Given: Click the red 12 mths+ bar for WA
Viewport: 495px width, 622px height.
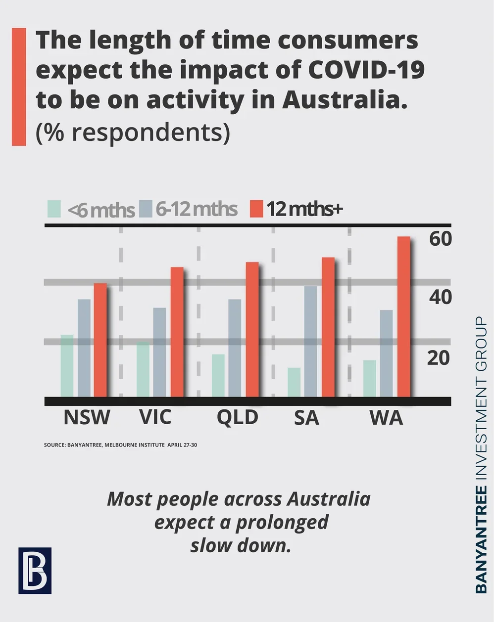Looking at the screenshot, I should pyautogui.click(x=404, y=316).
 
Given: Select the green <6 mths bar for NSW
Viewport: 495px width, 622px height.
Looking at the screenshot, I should pyautogui.click(x=67, y=365).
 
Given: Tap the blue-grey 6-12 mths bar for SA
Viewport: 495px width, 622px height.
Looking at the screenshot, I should pyautogui.click(x=310, y=341).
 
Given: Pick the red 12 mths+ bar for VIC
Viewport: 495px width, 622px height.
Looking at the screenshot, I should pyautogui.click(x=177, y=332).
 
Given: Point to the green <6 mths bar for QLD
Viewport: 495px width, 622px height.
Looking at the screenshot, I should pyautogui.click(x=218, y=375).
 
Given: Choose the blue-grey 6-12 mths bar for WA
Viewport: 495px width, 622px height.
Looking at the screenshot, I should pyautogui.click(x=386, y=353).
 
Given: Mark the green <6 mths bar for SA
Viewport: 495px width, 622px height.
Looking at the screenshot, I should pyautogui.click(x=294, y=382).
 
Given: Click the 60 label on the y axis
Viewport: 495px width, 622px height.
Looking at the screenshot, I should pyautogui.click(x=440, y=239).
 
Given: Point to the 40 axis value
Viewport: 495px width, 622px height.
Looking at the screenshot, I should pyautogui.click(x=440, y=297).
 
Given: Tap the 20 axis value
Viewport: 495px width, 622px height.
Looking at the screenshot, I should pyautogui.click(x=439, y=357).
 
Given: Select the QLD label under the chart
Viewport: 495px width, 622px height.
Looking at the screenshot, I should pyautogui.click(x=238, y=417).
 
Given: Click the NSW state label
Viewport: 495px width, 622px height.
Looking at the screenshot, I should pyautogui.click(x=87, y=417).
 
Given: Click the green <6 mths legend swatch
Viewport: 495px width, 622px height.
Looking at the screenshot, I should pyautogui.click(x=54, y=209).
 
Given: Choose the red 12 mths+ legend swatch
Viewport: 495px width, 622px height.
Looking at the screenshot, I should pyautogui.click(x=256, y=209).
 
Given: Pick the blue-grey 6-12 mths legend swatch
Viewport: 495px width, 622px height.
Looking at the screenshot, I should pyautogui.click(x=146, y=209).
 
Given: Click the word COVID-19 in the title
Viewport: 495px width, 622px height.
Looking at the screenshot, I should pyautogui.click(x=366, y=70).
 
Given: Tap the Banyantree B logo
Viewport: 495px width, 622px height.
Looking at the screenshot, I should pyautogui.click(x=35, y=570).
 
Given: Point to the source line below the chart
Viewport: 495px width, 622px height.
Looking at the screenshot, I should pyautogui.click(x=120, y=445).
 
